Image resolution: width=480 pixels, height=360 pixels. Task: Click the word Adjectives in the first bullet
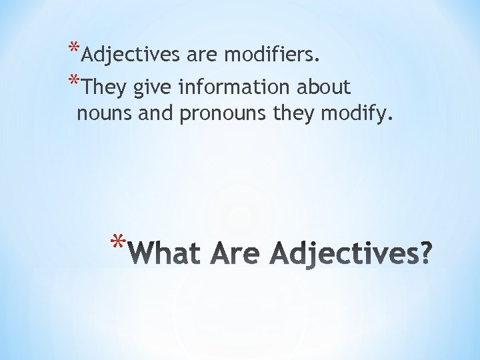coord(133,55)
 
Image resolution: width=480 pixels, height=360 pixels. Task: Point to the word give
coord(151,88)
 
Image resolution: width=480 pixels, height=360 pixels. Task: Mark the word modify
coord(357,115)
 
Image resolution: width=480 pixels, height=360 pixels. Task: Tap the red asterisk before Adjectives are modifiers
coord(75,49)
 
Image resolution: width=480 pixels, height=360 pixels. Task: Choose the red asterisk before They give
coord(75,81)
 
